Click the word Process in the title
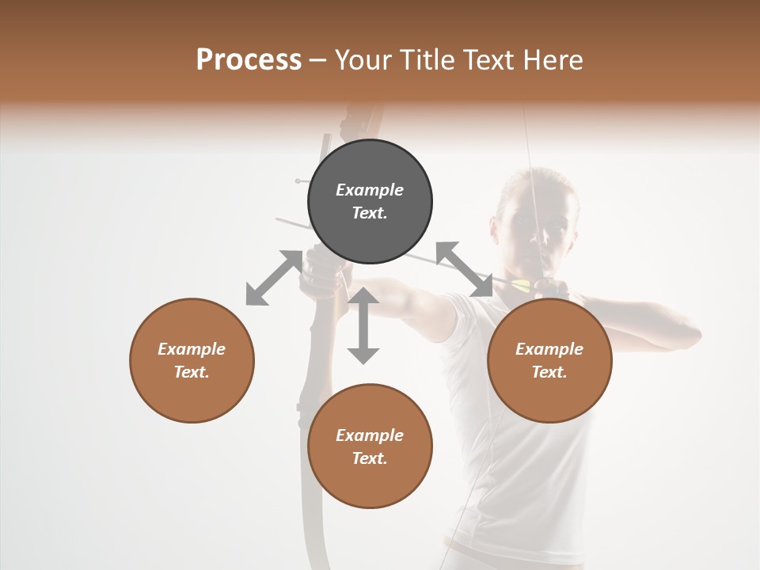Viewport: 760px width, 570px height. pos(249,60)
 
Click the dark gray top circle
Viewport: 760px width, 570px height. pos(370,201)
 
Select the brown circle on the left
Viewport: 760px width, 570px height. pos(192,360)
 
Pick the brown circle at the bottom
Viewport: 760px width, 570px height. pos(370,446)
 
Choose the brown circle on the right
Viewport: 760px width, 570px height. pos(549,360)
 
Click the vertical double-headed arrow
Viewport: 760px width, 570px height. pos(363,325)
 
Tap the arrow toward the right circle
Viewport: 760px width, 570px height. pos(464,269)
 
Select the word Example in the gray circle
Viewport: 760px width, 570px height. pos(370,190)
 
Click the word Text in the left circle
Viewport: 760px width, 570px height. pos(192,372)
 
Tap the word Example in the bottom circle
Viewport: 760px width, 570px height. pos(370,435)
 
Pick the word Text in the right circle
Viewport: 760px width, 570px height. pos(549,372)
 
